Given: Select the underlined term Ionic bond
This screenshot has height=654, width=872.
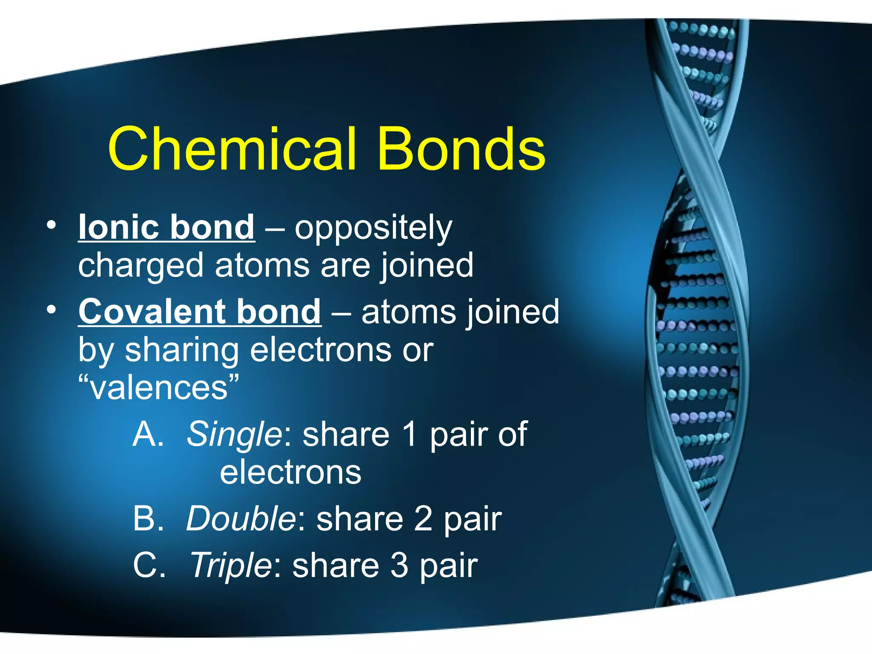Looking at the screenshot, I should point(166,227).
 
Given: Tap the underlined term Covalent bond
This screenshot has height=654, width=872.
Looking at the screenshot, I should point(200,312).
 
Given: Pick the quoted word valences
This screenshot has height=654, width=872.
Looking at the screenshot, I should point(159,388).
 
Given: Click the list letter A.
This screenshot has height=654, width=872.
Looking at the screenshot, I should point(148,434).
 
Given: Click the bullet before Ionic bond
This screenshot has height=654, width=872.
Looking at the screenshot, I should point(51,226).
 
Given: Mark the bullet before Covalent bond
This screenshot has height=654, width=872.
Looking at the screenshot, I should point(51,310).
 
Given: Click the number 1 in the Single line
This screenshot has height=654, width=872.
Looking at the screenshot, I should point(410,434).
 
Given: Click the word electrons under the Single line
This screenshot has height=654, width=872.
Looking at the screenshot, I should point(290,473).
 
